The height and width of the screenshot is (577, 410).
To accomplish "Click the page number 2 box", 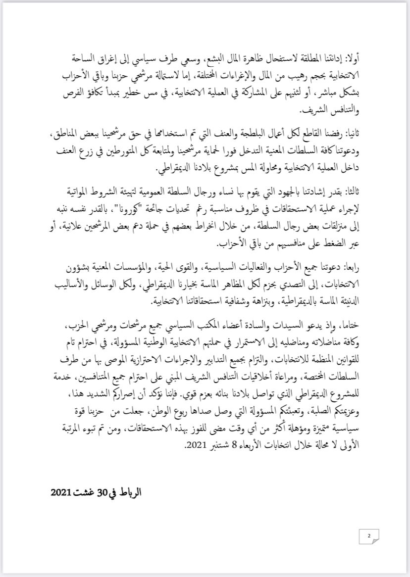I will click(x=369, y=536).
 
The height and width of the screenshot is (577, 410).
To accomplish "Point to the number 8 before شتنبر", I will click(x=230, y=445).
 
